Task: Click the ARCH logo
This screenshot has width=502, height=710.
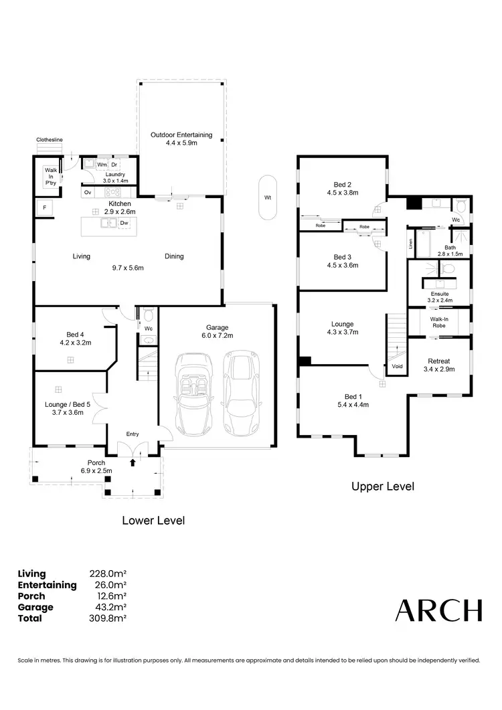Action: [438, 610]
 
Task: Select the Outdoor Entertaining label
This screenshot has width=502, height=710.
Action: [181, 135]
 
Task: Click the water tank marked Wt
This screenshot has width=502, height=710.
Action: [267, 197]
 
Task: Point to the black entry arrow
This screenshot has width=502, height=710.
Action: [133, 462]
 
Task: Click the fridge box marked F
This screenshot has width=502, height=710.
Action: [45, 208]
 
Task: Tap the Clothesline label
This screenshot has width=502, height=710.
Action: [50, 139]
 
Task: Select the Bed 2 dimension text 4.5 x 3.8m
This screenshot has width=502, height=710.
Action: [342, 193]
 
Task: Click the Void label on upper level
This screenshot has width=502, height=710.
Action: [396, 367]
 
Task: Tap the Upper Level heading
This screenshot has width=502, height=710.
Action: [383, 486]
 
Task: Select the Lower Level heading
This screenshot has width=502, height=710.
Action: [153, 520]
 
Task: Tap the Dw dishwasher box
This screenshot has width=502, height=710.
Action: [124, 224]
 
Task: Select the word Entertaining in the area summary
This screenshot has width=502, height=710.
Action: [47, 585]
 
